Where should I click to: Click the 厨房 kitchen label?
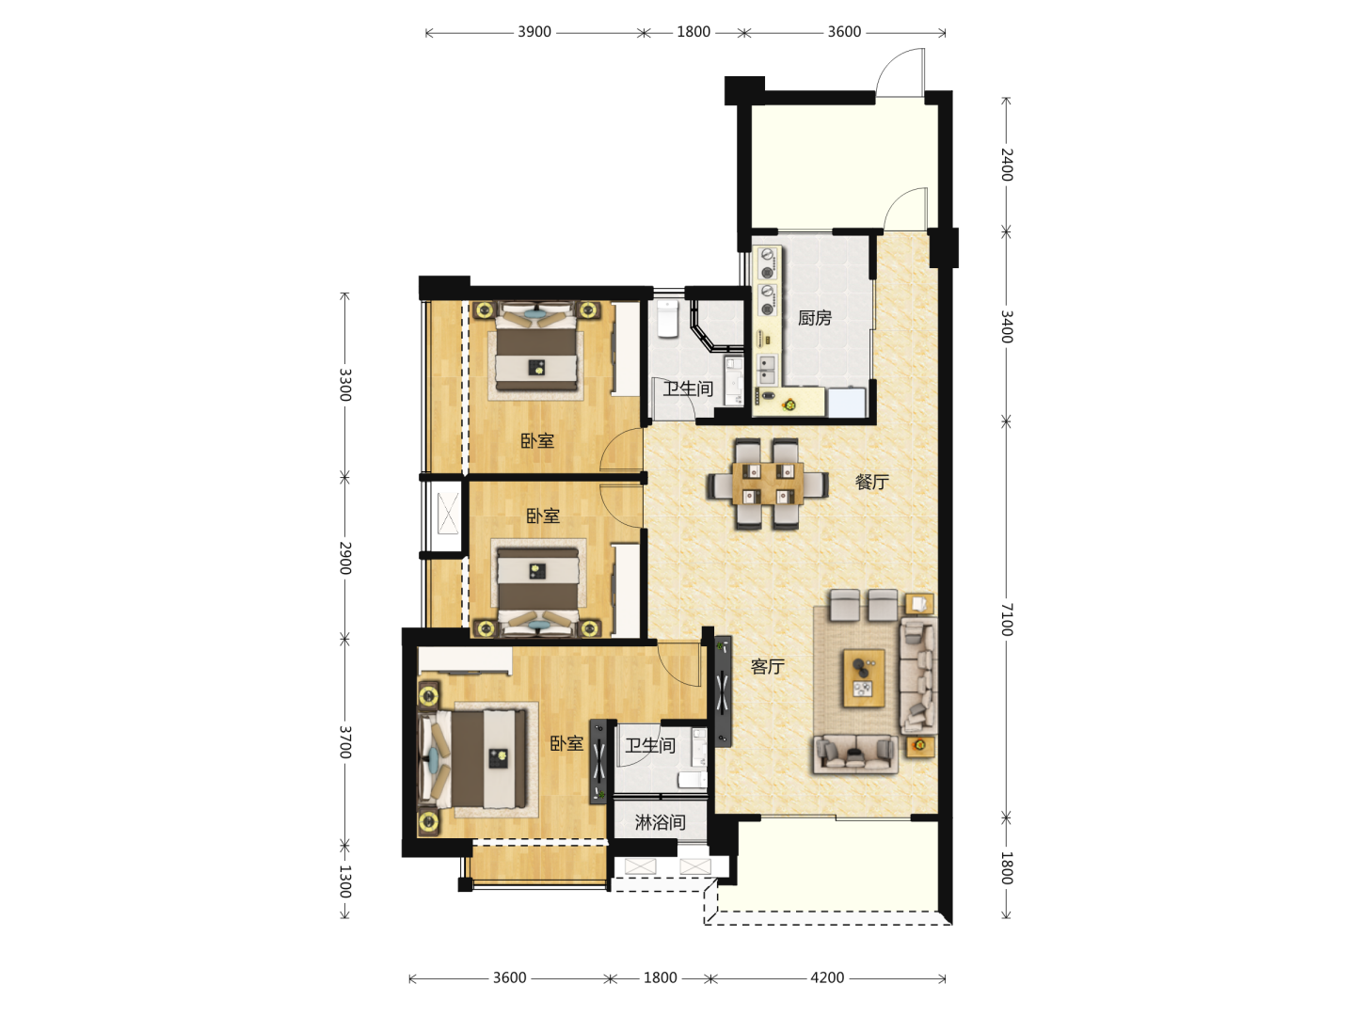click(x=814, y=318)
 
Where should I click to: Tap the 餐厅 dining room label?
click(x=871, y=482)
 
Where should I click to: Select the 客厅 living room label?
click(x=767, y=666)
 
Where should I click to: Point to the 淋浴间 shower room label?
click(x=660, y=822)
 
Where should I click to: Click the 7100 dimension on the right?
click(x=1006, y=619)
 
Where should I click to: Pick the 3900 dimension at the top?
click(x=534, y=32)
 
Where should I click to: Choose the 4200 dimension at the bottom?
click(x=827, y=977)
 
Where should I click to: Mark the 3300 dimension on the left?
click(x=345, y=385)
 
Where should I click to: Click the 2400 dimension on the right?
click(x=1006, y=165)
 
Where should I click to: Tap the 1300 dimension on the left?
click(x=345, y=881)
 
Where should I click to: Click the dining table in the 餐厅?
click(x=768, y=484)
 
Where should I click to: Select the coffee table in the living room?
click(x=864, y=678)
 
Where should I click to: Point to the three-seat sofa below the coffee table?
click(x=855, y=754)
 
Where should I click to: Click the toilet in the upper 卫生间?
click(x=667, y=318)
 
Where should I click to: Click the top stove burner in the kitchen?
click(x=767, y=254)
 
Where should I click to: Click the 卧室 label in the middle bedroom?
click(x=543, y=516)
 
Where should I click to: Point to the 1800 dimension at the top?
click(x=693, y=32)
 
